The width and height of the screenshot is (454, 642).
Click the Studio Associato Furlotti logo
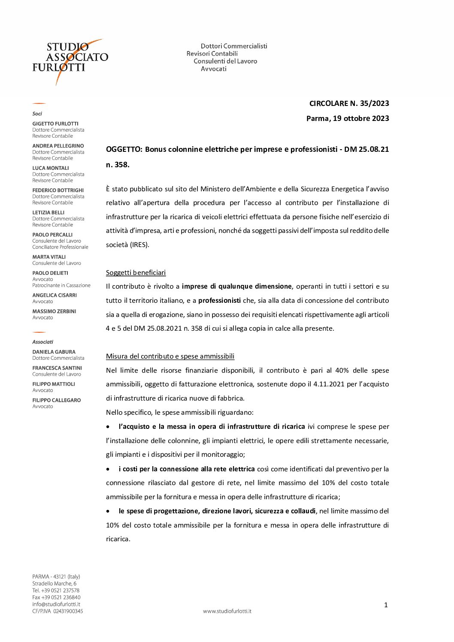tap(70, 60)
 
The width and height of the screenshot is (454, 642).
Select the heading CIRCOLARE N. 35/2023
tap(349, 103)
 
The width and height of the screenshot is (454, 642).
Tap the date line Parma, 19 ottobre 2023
tap(348, 118)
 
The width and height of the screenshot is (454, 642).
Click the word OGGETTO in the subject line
tap(124, 149)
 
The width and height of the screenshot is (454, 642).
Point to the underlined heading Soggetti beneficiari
tap(136, 273)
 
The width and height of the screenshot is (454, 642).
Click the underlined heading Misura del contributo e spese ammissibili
tap(170, 356)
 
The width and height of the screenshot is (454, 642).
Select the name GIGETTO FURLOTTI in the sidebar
tap(55, 124)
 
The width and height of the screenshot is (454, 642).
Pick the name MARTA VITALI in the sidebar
tap(49, 257)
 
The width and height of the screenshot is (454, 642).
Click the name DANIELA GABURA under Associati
tap(54, 352)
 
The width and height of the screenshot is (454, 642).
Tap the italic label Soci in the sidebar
tap(37, 114)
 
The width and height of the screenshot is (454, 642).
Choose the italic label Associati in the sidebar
tap(42, 342)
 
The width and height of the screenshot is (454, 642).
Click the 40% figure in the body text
tap(342, 371)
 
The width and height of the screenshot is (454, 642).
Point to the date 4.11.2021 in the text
tap(329, 384)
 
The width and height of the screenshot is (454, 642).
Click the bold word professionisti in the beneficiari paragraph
tap(219, 301)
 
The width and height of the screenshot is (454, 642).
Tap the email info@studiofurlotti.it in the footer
tap(56, 604)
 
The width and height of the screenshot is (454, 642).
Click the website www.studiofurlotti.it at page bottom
tap(227, 611)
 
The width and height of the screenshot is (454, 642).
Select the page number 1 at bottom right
tap(386, 605)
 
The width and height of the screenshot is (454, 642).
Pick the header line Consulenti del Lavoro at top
tap(225, 61)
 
